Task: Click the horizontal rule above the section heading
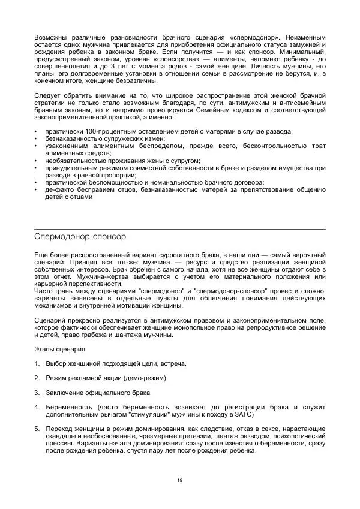pyautogui.click(x=179, y=228)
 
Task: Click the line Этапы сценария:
pyautogui.click(x=60, y=348)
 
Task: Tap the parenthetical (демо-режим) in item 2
pyautogui.click(x=144, y=378)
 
